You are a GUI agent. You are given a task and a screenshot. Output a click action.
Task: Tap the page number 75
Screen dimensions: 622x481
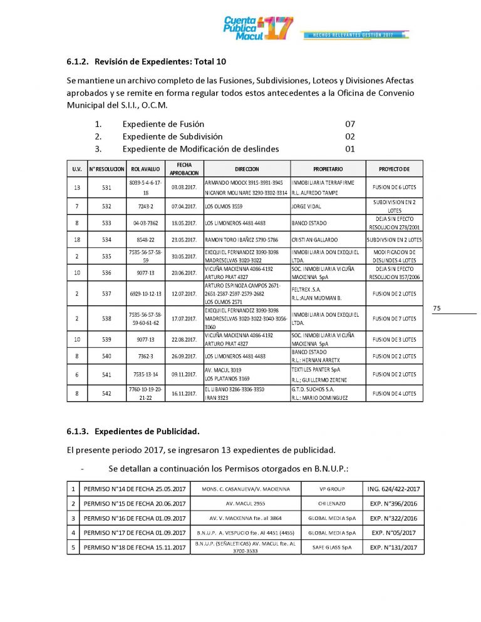(x=437, y=308)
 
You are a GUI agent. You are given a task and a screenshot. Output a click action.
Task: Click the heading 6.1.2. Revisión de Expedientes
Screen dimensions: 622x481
(x=146, y=62)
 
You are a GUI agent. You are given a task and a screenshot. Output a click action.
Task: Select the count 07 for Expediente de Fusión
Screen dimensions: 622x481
(x=350, y=124)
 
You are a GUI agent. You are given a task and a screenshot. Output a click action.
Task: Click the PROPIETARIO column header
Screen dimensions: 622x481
(x=328, y=169)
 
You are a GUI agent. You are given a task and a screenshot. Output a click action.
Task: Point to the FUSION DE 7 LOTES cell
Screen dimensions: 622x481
(x=394, y=319)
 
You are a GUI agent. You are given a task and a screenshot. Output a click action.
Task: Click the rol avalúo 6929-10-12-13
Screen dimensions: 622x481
(x=146, y=293)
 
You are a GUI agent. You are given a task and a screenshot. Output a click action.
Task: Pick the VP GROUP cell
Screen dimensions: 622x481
(x=332, y=488)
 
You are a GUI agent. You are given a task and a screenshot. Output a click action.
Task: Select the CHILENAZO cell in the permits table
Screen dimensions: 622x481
(x=332, y=503)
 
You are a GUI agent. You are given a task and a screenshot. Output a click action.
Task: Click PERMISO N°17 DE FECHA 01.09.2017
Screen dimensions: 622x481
(x=135, y=533)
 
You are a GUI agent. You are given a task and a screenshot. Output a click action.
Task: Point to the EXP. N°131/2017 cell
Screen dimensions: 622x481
(x=394, y=548)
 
